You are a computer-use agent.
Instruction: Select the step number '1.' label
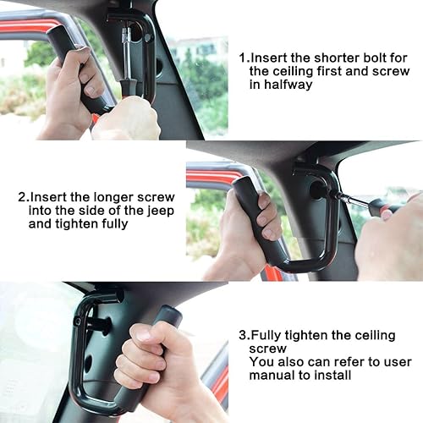click(x=244, y=58)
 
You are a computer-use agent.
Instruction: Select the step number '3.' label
click(x=241, y=335)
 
